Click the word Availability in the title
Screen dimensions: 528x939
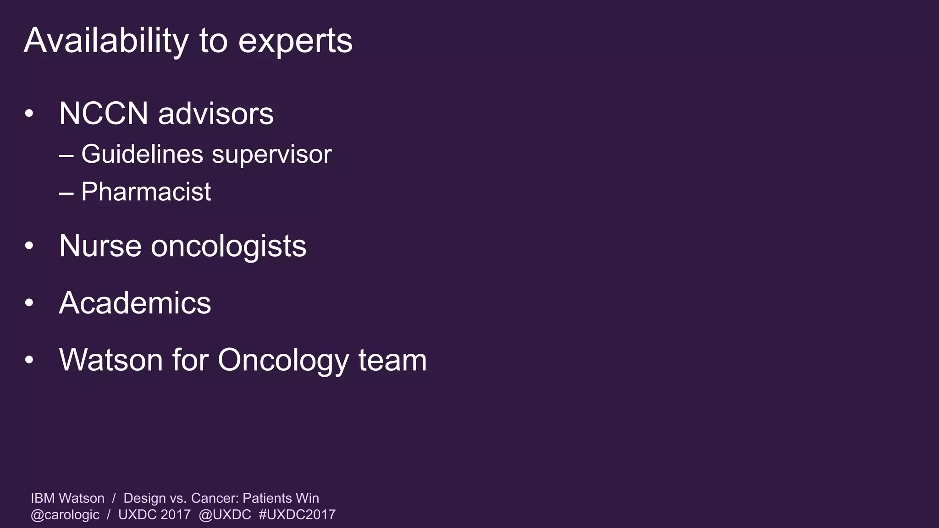pyautogui.click(x=105, y=41)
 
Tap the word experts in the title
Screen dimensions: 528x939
pyautogui.click(x=295, y=42)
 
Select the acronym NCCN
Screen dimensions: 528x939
pyautogui.click(x=104, y=113)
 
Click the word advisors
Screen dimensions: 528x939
pyautogui.click(x=215, y=113)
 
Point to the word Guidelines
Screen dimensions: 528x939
pyautogui.click(x=142, y=154)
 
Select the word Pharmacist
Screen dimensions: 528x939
pyautogui.click(x=146, y=192)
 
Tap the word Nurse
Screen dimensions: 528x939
pyautogui.click(x=100, y=246)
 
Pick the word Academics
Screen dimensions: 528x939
pyautogui.click(x=135, y=303)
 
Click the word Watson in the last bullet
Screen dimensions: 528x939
pyautogui.click(x=111, y=360)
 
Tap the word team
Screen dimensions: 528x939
pyautogui.click(x=392, y=360)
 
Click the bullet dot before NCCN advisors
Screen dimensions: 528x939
pyautogui.click(x=29, y=114)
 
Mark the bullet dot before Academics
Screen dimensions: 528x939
pyautogui.click(x=29, y=303)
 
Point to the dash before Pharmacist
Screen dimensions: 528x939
pyautogui.click(x=66, y=192)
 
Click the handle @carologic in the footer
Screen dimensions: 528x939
pyautogui.click(x=65, y=515)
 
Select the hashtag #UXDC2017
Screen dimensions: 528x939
pyautogui.click(x=297, y=515)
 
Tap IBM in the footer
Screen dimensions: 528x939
pyautogui.click(x=43, y=498)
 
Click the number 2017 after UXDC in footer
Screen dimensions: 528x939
pyautogui.click(x=176, y=515)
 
